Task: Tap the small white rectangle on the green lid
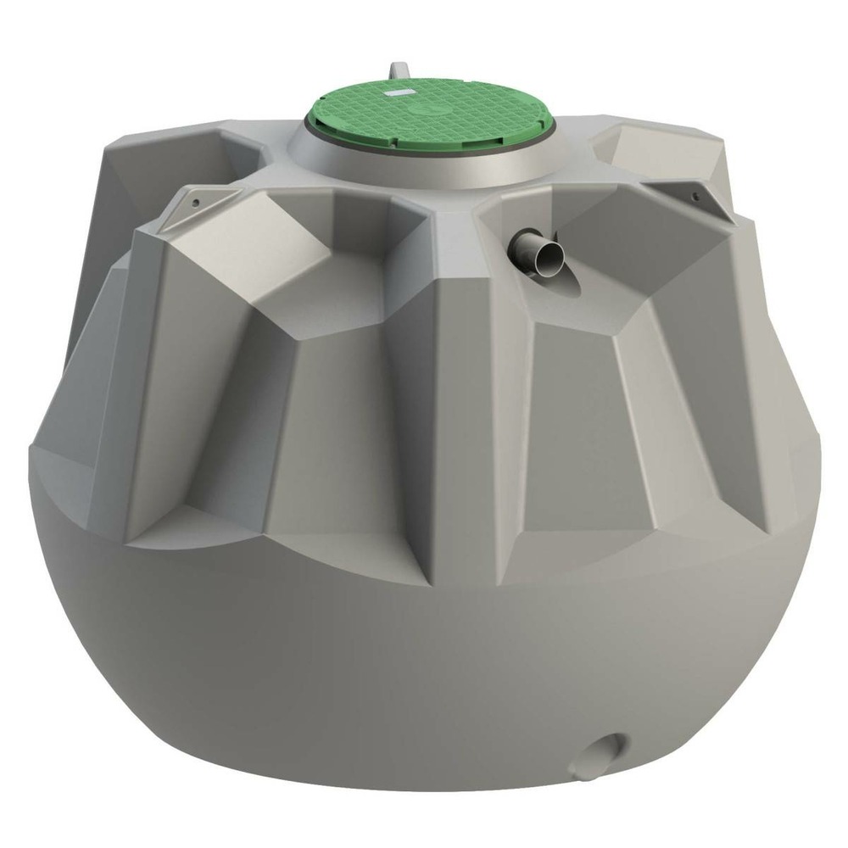click(x=397, y=89)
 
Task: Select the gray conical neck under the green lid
click(x=424, y=165)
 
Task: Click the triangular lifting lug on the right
click(x=691, y=192)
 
